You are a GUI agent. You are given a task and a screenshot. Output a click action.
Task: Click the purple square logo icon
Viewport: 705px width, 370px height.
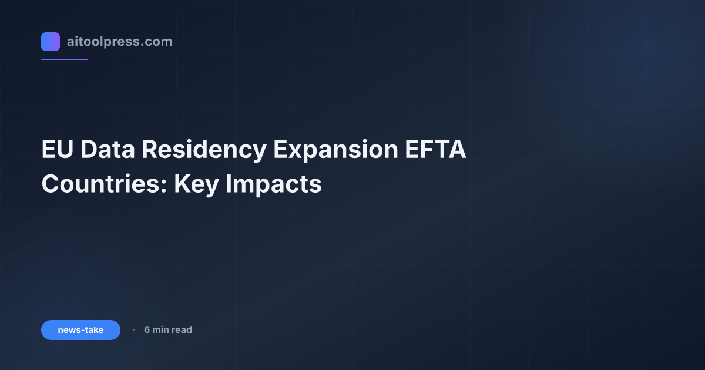tap(51, 42)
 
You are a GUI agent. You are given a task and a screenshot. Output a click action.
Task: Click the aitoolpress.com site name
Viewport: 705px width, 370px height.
tap(119, 42)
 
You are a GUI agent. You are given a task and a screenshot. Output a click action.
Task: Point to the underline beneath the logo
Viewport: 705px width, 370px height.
tap(65, 59)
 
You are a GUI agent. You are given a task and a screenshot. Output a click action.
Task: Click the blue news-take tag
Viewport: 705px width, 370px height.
tap(80, 330)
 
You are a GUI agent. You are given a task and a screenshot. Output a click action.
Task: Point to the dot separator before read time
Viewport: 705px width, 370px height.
tap(133, 330)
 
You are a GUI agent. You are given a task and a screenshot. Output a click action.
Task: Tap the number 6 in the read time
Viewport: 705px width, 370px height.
tap(147, 330)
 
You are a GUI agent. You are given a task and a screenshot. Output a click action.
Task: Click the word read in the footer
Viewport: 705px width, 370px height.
tap(182, 330)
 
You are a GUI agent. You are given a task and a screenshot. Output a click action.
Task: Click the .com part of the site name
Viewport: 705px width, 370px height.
tap(157, 42)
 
